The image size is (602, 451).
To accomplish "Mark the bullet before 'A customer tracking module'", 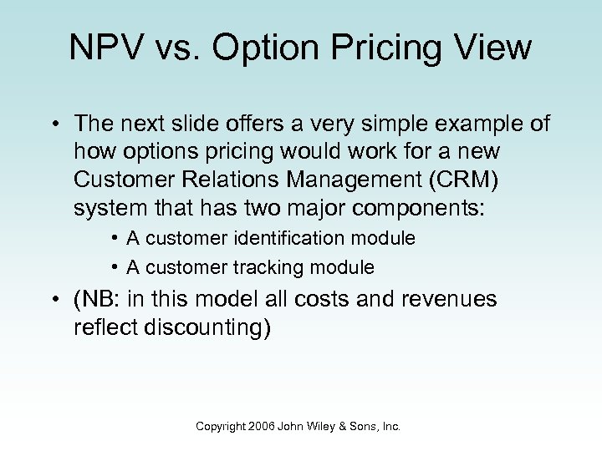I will pos(113,267).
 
